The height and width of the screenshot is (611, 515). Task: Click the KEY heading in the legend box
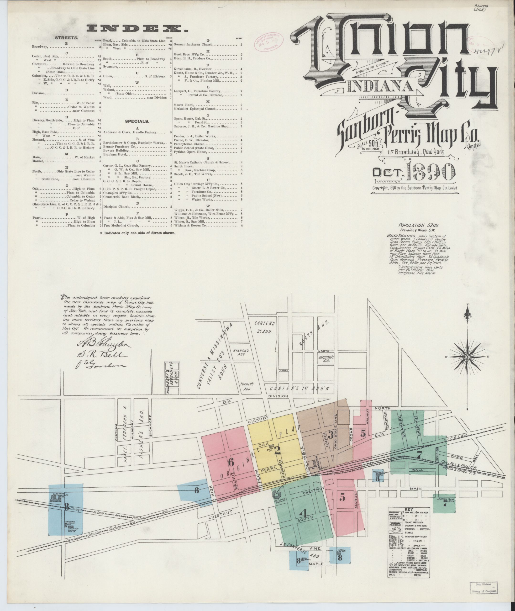(x=410, y=509)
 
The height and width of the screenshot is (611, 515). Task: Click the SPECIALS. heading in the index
(x=137, y=121)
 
